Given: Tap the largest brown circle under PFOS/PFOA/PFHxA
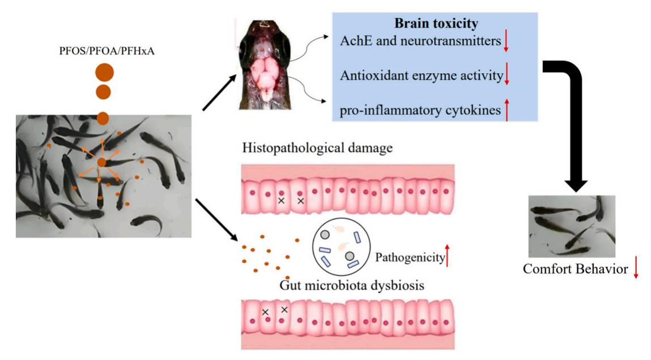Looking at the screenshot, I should point(104,73).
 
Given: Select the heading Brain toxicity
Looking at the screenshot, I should point(436,24).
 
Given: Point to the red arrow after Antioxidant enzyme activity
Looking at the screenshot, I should point(507,75).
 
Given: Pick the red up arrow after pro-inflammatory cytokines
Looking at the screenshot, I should point(507,109).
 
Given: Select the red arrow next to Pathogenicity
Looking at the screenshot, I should point(447,255).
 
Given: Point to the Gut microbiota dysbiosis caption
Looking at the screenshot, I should point(352,285).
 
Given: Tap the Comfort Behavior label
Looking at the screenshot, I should point(575,269).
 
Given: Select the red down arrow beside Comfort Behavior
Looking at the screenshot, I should point(636,268).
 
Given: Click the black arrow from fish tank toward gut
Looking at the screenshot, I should point(216,218).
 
